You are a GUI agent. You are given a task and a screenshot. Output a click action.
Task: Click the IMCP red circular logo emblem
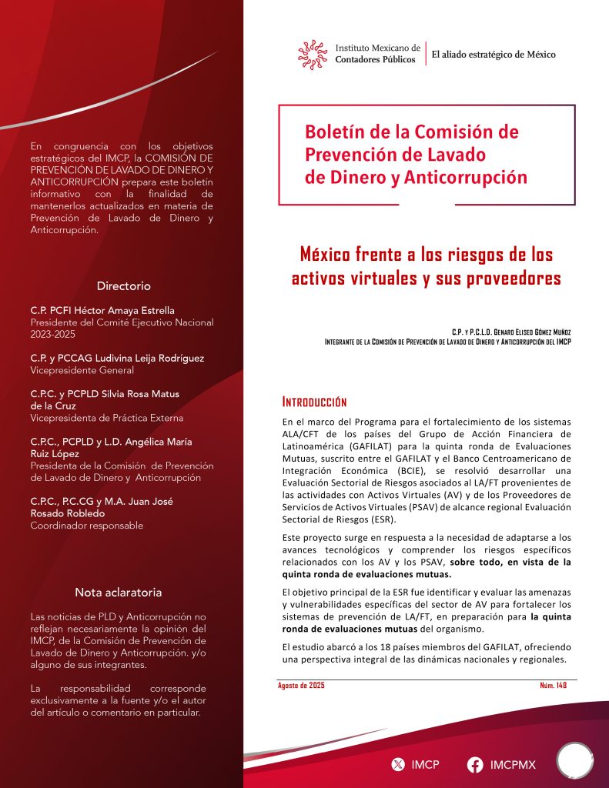pos(313,54)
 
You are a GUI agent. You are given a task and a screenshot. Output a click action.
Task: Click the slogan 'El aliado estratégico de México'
pos(494,55)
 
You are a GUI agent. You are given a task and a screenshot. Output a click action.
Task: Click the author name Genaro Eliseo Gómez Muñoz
pos(524,332)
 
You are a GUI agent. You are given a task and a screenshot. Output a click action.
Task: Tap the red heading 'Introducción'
pos(314,402)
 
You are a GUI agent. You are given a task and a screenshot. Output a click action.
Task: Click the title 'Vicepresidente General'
pos(82,370)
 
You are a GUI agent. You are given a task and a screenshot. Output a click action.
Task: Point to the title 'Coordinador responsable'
pos(86,526)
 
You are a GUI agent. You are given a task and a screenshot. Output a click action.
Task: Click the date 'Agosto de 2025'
pos(301,686)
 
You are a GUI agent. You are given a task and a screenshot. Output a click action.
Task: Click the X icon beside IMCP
pos(398,765)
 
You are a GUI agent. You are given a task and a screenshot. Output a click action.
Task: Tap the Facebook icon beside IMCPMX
pos(475,765)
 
